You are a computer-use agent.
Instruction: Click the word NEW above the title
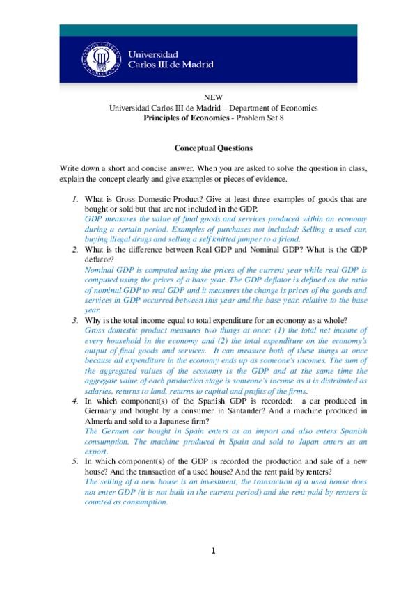213,98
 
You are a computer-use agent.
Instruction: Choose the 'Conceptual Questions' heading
213,148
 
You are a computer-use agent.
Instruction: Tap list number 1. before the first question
76,199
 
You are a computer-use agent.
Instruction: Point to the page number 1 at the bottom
214,551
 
